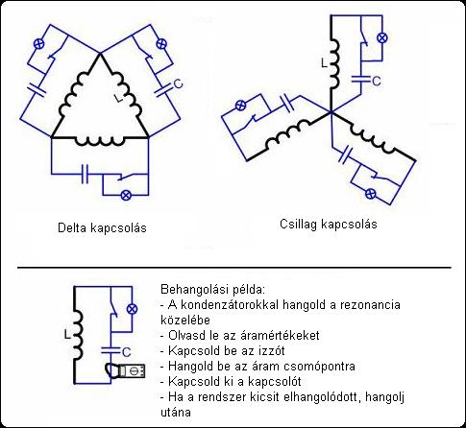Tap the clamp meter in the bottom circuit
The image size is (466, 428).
(x=126, y=371)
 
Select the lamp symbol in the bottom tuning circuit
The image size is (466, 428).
(x=132, y=309)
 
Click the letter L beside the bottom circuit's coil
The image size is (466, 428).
(x=67, y=335)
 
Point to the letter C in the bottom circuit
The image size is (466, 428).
(x=127, y=352)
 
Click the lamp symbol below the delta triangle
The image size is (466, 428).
(x=126, y=195)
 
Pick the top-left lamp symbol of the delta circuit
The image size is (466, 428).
(x=39, y=43)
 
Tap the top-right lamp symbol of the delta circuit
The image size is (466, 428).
(x=161, y=43)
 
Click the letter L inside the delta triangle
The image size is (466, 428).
(x=119, y=99)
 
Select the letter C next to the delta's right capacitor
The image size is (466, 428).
(x=178, y=83)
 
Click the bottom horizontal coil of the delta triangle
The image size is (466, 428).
(x=100, y=141)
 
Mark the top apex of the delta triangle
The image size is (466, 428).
(x=100, y=54)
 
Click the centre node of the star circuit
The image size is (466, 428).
(x=331, y=112)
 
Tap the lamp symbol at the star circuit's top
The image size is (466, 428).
(x=381, y=37)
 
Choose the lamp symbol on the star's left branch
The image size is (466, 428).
(x=240, y=106)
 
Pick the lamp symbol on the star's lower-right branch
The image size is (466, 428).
(x=371, y=193)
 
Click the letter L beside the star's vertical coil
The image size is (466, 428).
(x=325, y=63)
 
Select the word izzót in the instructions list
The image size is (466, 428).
(x=272, y=351)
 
